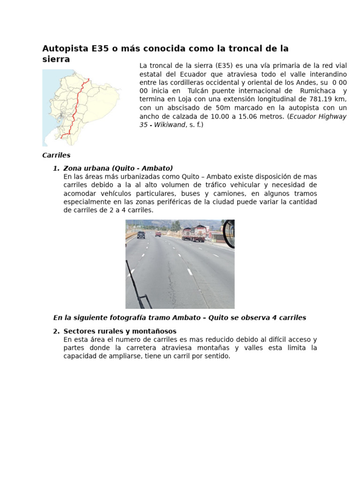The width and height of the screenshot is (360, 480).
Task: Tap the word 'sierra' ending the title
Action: [x=56, y=60]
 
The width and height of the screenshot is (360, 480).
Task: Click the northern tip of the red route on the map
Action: [x=88, y=80]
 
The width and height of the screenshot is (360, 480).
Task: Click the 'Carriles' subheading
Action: [x=56, y=155]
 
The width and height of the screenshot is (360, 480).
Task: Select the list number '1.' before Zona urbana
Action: [x=56, y=168]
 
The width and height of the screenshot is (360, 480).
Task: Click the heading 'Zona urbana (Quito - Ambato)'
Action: [x=118, y=168]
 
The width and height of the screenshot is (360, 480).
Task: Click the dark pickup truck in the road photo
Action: [x=141, y=235]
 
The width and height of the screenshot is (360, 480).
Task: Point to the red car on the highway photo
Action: [x=158, y=233]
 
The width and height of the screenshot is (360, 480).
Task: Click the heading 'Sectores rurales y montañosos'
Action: [x=120, y=331]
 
